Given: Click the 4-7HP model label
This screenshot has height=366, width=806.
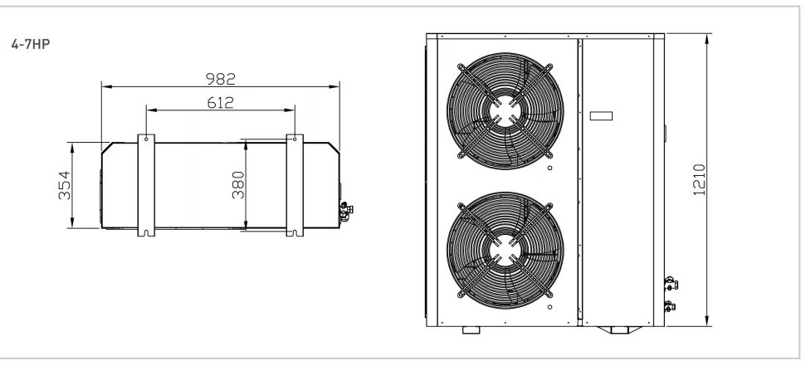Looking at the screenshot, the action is [31, 44].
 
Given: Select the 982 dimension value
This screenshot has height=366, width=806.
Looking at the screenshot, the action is [221, 79].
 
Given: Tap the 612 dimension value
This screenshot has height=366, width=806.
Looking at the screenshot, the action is [221, 103].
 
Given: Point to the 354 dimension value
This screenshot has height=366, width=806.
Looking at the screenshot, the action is [64, 185].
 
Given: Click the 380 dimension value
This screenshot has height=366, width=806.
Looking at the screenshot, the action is [238, 185].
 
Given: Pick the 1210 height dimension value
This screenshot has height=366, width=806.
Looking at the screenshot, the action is [700, 179].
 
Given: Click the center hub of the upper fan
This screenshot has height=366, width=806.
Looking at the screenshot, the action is [505, 111].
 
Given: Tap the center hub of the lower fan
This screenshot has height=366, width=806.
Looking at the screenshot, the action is [505, 251].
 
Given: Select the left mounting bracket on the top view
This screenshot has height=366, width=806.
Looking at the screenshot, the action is [146, 186].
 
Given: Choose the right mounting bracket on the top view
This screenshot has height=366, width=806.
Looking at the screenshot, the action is [295, 186].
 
